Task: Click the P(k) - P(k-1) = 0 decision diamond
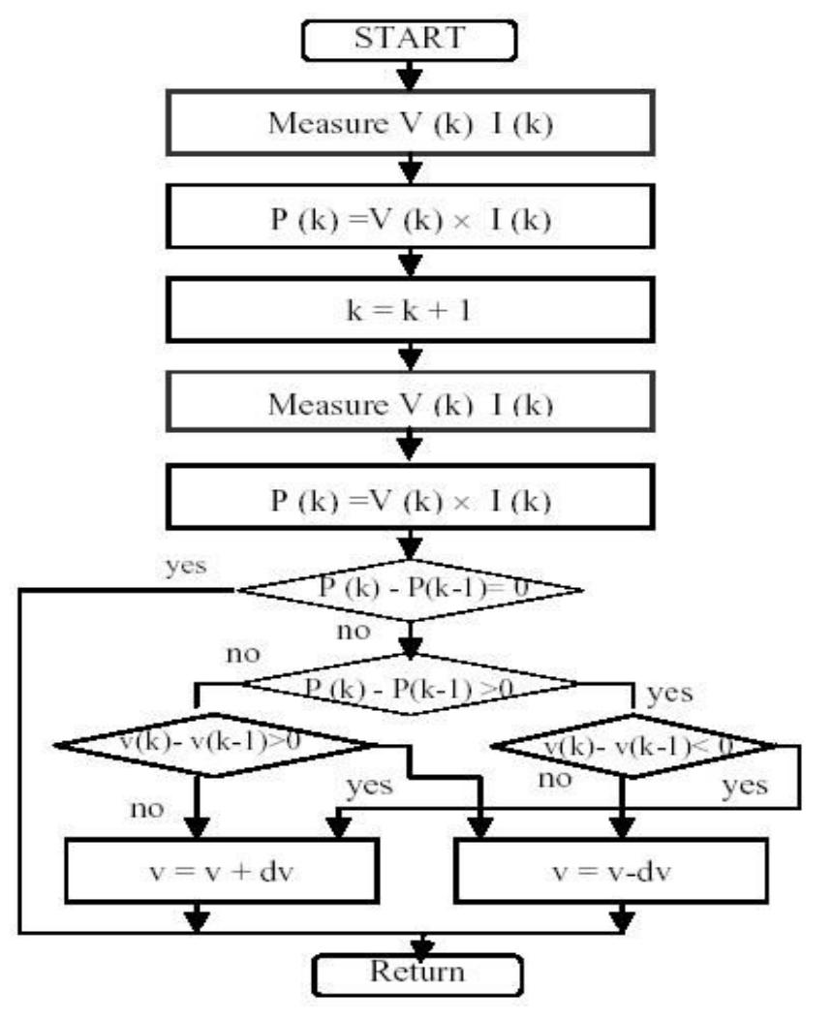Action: click(x=411, y=589)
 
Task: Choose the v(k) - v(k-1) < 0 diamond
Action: click(x=635, y=746)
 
